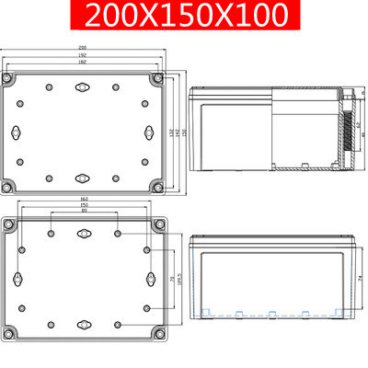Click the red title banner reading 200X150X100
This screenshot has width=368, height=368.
(184, 16)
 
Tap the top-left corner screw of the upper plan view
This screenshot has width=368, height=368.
(10, 80)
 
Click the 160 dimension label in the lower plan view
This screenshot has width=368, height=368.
(84, 199)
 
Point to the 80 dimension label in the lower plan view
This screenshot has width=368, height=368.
(84, 213)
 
